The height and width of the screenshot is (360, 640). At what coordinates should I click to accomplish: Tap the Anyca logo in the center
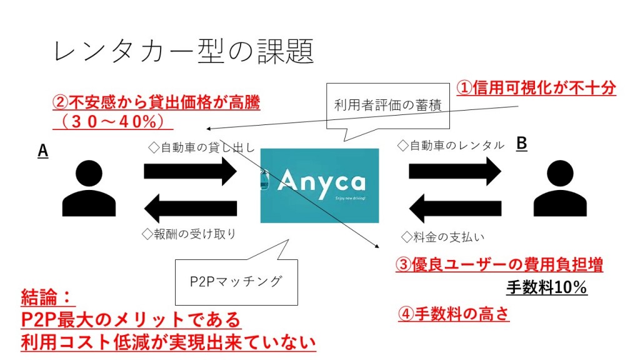tap(319, 186)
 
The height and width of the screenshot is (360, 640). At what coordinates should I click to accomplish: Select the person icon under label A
tap(89, 187)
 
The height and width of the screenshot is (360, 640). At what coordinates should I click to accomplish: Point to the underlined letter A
tap(43, 150)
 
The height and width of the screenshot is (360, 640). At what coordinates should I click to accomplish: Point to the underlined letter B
tap(521, 144)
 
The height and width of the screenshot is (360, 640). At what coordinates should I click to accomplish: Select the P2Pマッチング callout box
tap(236, 281)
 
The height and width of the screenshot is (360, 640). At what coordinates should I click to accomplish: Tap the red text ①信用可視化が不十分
tap(536, 87)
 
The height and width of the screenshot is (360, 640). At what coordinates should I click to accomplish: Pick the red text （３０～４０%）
tap(112, 120)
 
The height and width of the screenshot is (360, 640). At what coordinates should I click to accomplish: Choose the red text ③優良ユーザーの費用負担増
tap(499, 265)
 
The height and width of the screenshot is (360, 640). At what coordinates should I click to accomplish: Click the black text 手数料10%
tap(546, 287)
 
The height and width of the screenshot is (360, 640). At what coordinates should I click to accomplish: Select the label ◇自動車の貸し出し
tap(201, 147)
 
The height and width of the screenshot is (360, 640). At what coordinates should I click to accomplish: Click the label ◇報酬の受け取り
tap(189, 234)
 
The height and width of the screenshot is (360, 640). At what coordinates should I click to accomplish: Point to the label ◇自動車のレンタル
tap(451, 146)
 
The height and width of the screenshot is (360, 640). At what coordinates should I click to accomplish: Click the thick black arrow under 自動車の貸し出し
tap(190, 171)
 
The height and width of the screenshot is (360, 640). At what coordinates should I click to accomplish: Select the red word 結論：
tap(47, 296)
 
